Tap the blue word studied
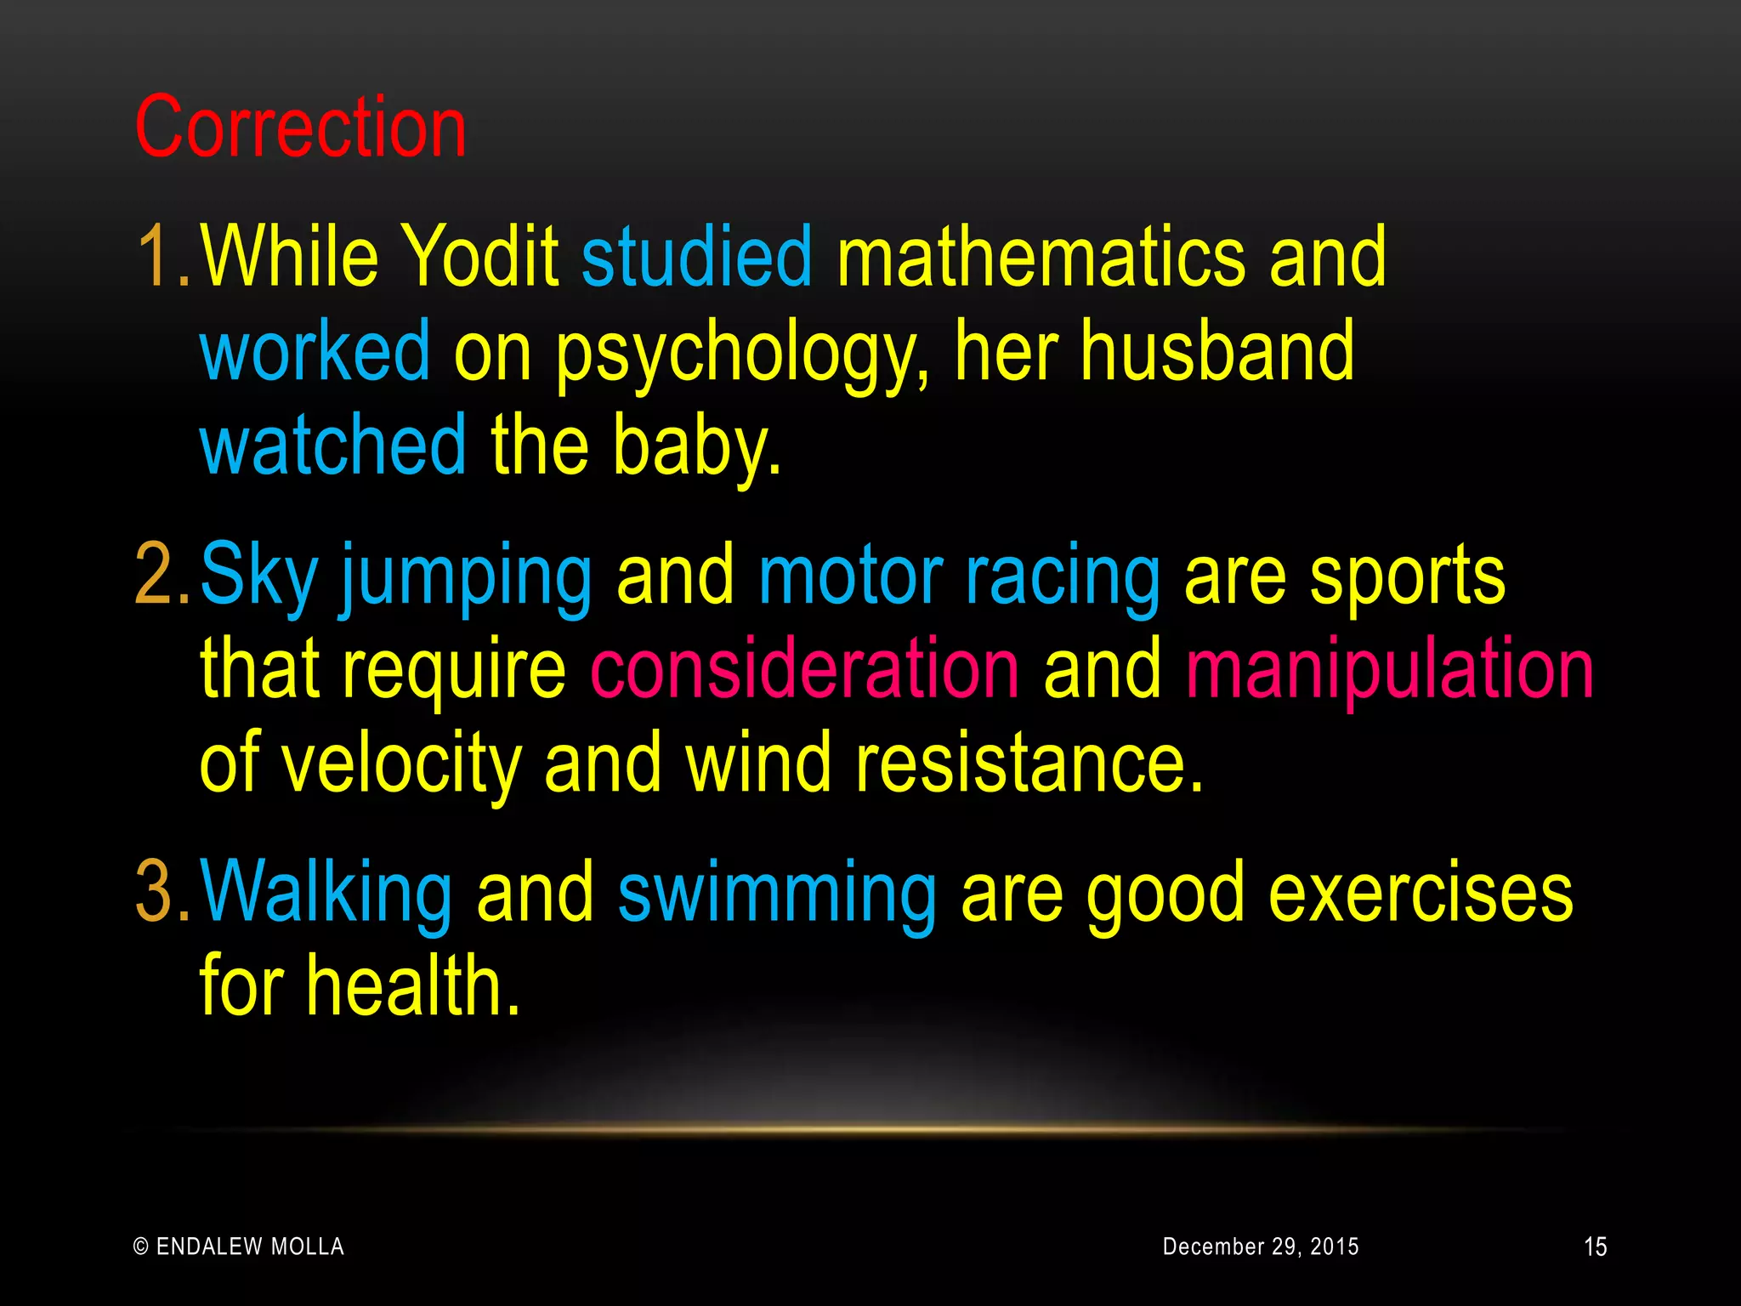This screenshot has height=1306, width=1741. click(x=697, y=257)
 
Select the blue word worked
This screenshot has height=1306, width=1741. click(x=315, y=350)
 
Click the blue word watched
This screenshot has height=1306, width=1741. click(x=332, y=445)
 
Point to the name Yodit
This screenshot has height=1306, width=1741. click(x=479, y=257)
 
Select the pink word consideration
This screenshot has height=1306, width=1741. click(x=804, y=669)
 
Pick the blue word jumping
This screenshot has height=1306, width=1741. click(x=467, y=578)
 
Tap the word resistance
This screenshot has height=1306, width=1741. click(x=1029, y=763)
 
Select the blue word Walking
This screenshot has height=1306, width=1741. click(x=326, y=893)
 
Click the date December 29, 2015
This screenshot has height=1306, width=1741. click(x=1260, y=1246)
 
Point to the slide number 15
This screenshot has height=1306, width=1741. click(x=1595, y=1247)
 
